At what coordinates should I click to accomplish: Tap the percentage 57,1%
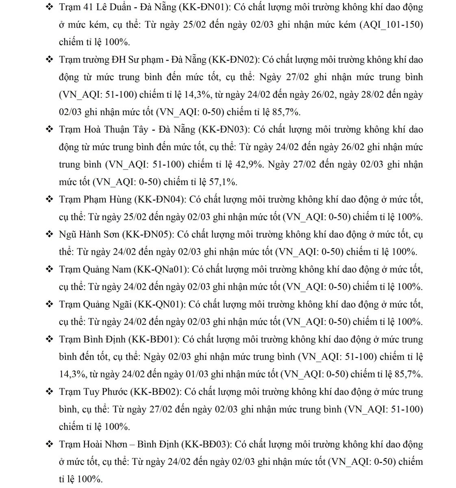223,182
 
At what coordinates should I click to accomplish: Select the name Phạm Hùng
108,200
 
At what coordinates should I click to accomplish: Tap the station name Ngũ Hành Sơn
89,235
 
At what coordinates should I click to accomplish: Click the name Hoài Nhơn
105,444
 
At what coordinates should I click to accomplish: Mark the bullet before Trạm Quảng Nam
50,269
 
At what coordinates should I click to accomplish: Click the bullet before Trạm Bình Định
50,339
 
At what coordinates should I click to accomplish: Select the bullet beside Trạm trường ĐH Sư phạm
50,60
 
